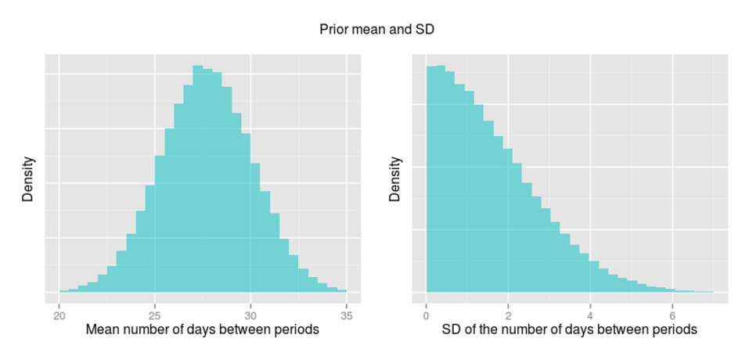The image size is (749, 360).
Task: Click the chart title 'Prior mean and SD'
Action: pos(376,30)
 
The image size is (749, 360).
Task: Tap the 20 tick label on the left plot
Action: pos(59,316)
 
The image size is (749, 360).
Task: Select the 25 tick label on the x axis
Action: pos(155,316)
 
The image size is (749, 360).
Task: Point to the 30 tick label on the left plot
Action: pos(250,316)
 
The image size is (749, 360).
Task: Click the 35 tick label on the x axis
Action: pos(346,316)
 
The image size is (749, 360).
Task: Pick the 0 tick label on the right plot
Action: pos(427,316)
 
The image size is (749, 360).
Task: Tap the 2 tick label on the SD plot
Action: pos(509,316)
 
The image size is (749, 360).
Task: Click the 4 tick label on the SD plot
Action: pos(591,316)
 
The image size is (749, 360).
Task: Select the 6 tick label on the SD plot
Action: pos(673,316)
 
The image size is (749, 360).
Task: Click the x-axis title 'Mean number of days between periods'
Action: pos(203,330)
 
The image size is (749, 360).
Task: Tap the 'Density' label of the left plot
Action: pos(28,180)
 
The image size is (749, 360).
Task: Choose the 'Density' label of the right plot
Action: pos(394,180)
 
